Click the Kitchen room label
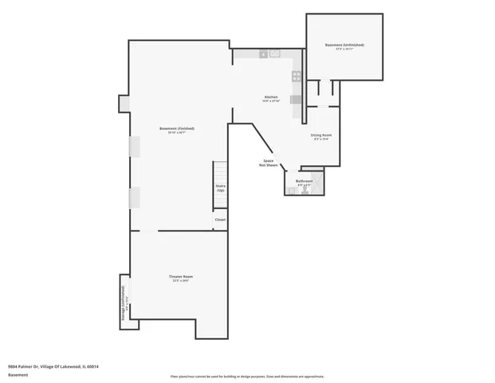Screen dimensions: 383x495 coord(271,97)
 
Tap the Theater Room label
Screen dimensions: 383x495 coord(180,276)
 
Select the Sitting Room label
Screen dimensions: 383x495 coord(321,135)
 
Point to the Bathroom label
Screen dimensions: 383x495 coord(304,180)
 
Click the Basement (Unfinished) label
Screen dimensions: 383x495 coord(344,45)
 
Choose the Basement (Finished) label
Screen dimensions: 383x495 coord(176,128)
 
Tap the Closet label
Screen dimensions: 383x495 coord(220,219)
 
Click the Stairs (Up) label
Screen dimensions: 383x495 coord(220,188)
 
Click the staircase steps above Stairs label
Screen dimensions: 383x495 coord(220,172)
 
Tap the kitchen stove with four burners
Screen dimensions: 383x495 coord(296,77)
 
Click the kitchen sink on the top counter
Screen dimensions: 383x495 coord(274,53)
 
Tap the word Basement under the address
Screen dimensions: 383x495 coord(18,374)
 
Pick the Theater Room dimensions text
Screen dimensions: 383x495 coord(180,281)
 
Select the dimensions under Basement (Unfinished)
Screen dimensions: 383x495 coord(344,49)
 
